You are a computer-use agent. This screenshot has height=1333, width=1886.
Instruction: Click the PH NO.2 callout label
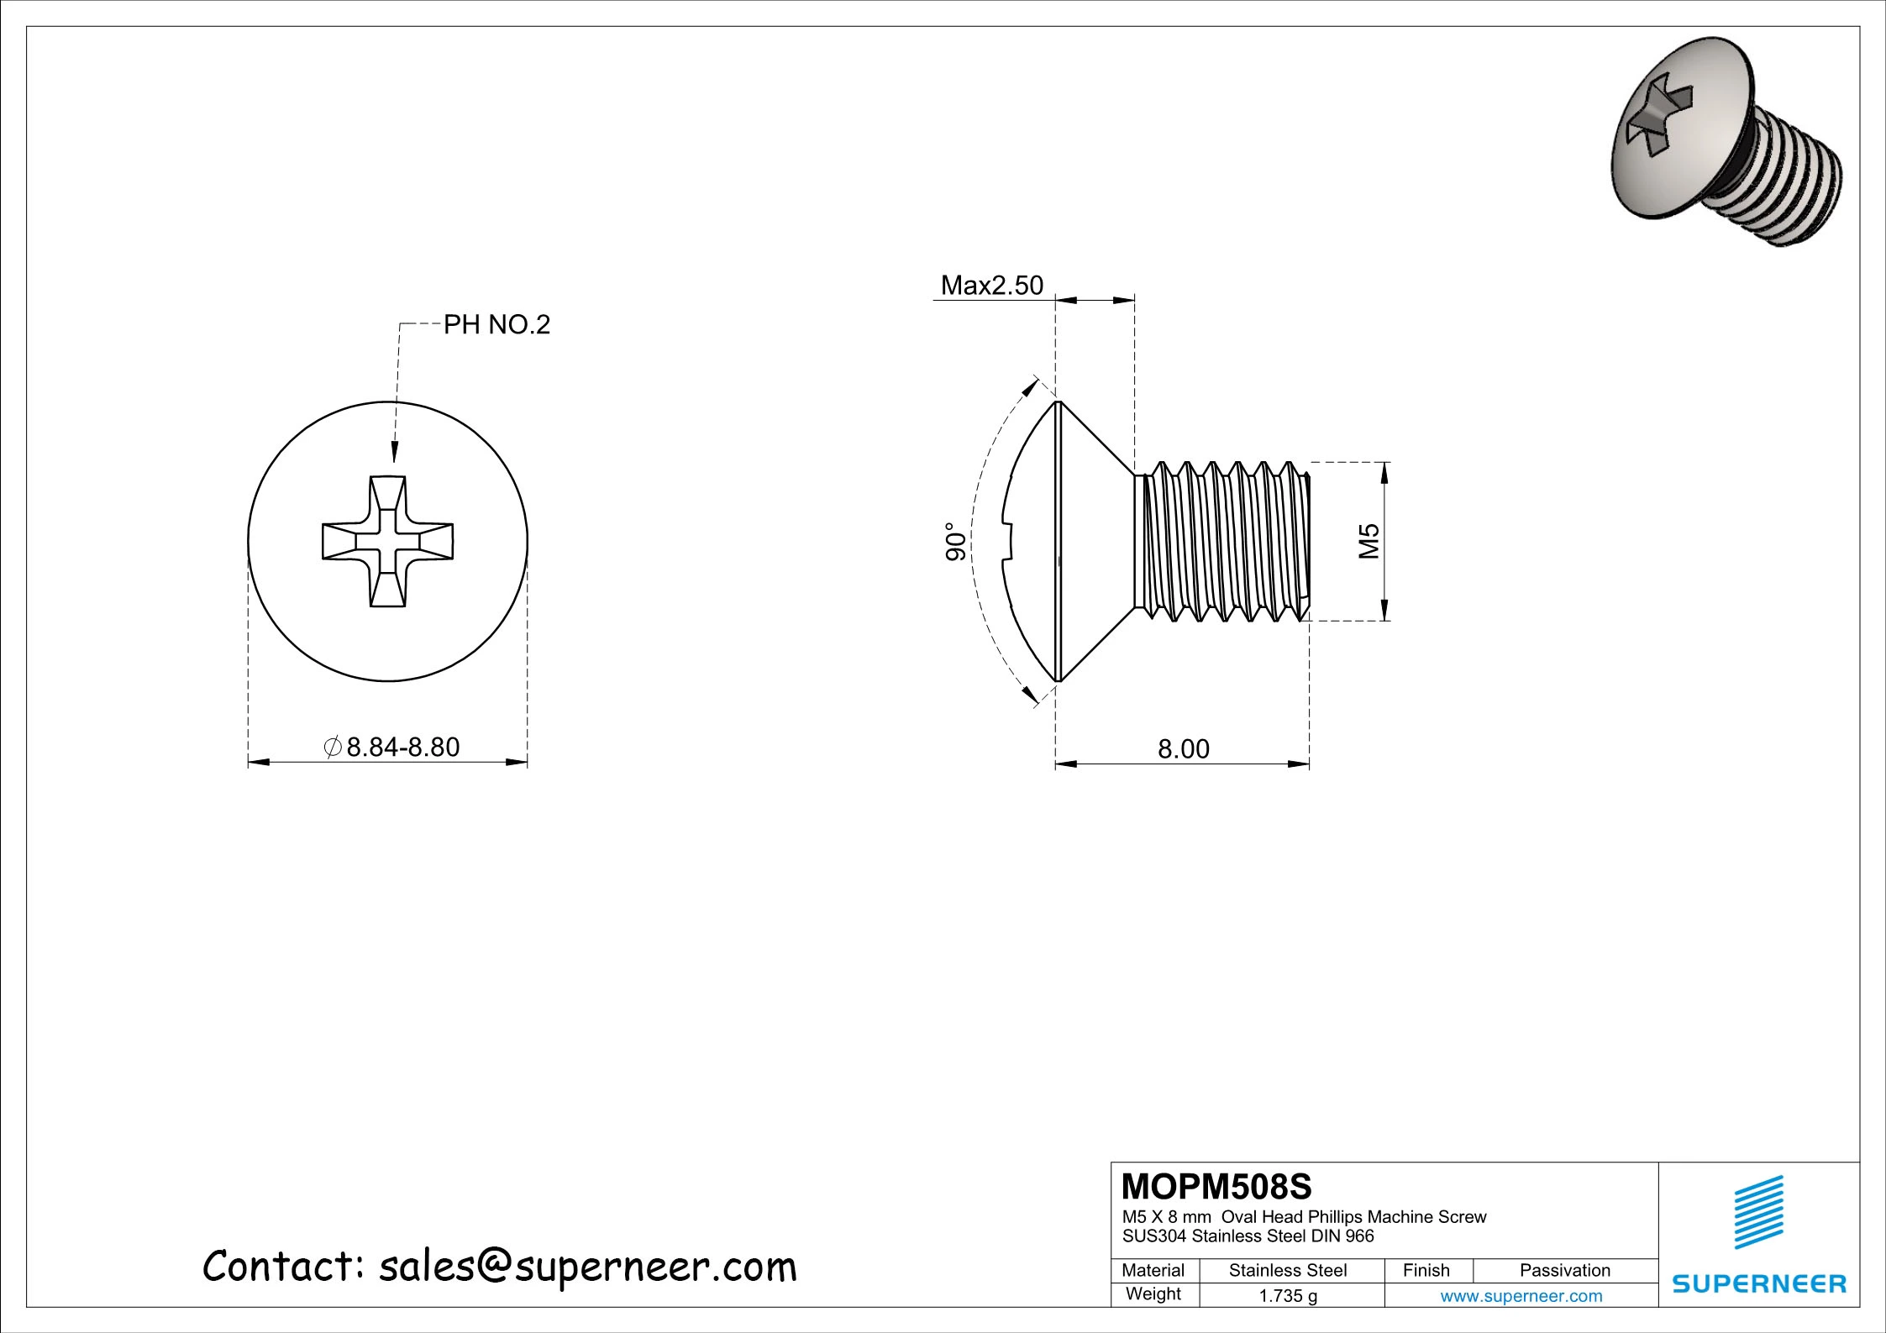tap(496, 324)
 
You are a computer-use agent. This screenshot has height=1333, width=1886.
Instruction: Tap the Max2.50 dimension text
tap(991, 286)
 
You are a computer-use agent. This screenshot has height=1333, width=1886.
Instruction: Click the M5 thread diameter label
tap(1369, 541)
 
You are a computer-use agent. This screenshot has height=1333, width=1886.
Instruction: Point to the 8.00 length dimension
tap(1183, 748)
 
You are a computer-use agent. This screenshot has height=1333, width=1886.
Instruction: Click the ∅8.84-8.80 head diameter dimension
tap(392, 747)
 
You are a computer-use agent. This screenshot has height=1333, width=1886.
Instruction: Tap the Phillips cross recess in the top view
tap(388, 541)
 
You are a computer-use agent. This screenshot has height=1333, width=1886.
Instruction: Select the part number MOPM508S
tap(1216, 1187)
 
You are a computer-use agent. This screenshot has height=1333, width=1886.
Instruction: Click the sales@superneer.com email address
tap(586, 1266)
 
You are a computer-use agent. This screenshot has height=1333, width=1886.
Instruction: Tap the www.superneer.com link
tap(1521, 1296)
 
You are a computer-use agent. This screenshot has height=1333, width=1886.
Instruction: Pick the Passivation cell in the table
tap(1564, 1270)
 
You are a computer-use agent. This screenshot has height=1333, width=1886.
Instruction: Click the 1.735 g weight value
tap(1287, 1296)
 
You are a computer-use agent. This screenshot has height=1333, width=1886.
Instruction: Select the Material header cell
tap(1153, 1270)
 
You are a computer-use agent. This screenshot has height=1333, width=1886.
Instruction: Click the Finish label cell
tap(1426, 1270)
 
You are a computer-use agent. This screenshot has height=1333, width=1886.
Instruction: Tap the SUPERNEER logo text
tap(1759, 1283)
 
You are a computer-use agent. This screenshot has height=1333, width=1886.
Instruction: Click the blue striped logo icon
tap(1759, 1212)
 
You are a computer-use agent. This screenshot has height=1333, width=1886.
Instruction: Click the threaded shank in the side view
tap(1222, 542)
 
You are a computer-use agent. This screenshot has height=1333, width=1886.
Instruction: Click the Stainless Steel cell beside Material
tap(1287, 1270)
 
